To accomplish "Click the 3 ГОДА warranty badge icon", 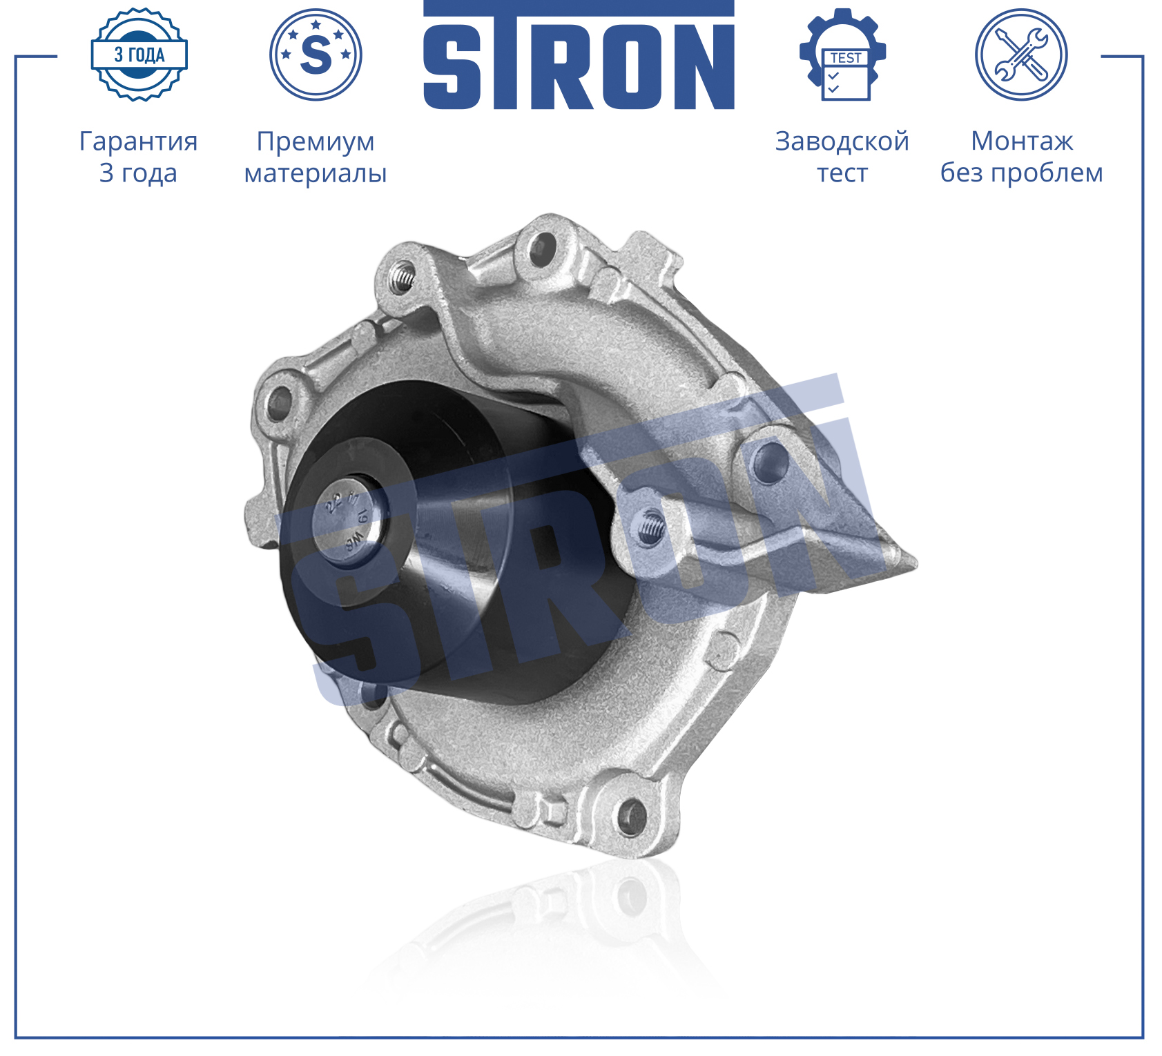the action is point(139,55).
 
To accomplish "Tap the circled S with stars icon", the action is point(316,55).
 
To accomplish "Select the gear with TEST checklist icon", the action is point(842,55).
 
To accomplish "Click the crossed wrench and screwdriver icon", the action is point(1021,55).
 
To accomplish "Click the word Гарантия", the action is point(139,141).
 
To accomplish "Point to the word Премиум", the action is point(316,141).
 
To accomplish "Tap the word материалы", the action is point(316,173).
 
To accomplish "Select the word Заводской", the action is point(842,141).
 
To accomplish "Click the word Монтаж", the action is point(1022,141).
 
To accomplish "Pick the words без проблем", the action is point(1022,173).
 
